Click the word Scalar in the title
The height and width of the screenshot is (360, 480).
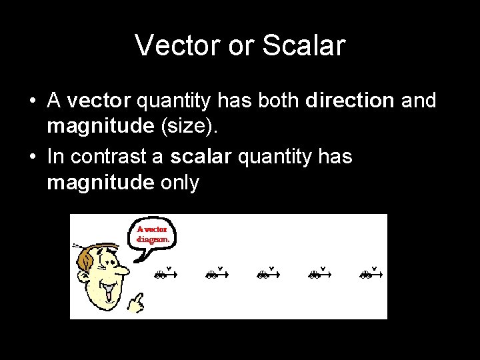tap(304, 45)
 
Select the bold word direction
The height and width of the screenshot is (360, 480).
tap(350, 101)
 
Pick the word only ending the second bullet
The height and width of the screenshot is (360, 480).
tap(180, 183)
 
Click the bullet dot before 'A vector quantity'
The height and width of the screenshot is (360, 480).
tap(32, 101)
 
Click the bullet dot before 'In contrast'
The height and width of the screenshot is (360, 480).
tap(32, 157)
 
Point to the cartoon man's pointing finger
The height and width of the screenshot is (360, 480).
tap(136, 303)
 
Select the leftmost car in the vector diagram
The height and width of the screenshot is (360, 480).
tap(160, 274)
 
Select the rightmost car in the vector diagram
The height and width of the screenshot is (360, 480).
tap(365, 274)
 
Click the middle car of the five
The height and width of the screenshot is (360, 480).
tap(263, 274)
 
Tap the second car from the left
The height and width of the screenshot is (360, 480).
tap(211, 274)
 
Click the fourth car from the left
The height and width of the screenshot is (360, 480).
tap(314, 274)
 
